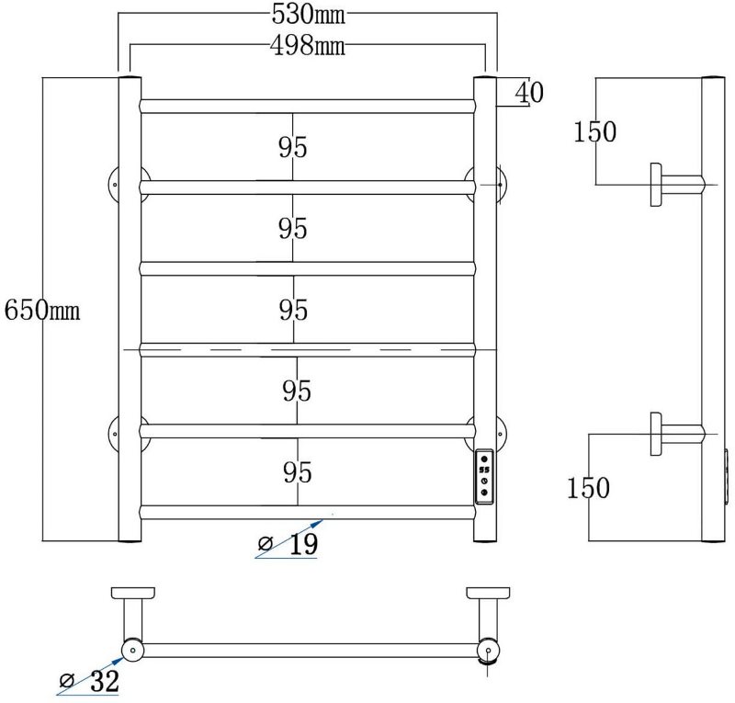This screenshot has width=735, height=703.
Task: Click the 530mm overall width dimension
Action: click(308, 16)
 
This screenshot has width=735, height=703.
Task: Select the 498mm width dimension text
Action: click(308, 45)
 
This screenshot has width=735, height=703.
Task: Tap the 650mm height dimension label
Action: click(42, 310)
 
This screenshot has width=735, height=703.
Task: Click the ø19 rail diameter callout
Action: click(289, 545)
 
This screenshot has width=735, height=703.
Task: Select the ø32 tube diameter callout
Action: click(90, 682)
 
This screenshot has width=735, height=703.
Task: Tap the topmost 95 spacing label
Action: click(292, 147)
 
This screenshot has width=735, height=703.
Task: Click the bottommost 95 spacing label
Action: click(296, 472)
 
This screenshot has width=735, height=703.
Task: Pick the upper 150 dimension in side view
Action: click(594, 132)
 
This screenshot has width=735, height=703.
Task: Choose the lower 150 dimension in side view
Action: click(588, 487)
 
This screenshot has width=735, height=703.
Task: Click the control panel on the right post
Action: click(484, 476)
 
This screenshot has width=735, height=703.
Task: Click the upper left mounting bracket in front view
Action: click(115, 184)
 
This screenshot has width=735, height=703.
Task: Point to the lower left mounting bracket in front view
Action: click(115, 430)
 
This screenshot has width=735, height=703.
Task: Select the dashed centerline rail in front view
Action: click(308, 349)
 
